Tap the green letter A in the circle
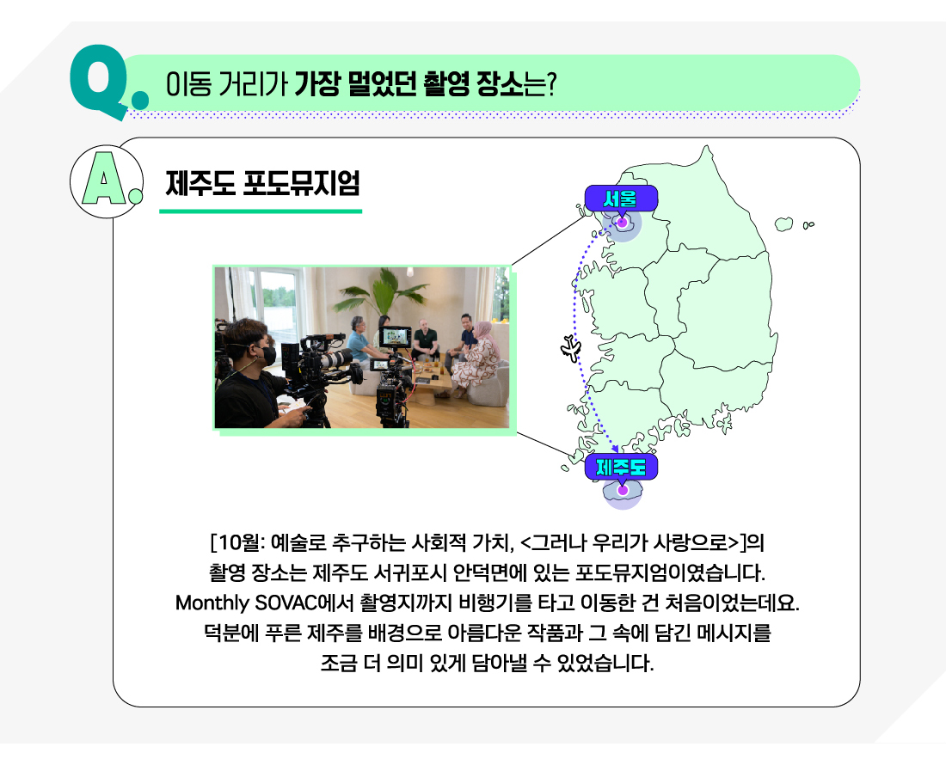coord(104,179)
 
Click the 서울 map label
coord(621,199)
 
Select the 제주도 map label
coord(621,468)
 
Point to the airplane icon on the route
coord(571,349)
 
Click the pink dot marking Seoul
coord(622,223)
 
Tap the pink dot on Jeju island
coord(623,490)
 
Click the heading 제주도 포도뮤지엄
coord(262,183)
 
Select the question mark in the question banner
coord(550,84)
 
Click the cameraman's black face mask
coord(266,354)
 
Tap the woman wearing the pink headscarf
coord(478,359)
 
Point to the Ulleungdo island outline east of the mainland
coord(783,224)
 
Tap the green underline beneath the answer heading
coord(261,211)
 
